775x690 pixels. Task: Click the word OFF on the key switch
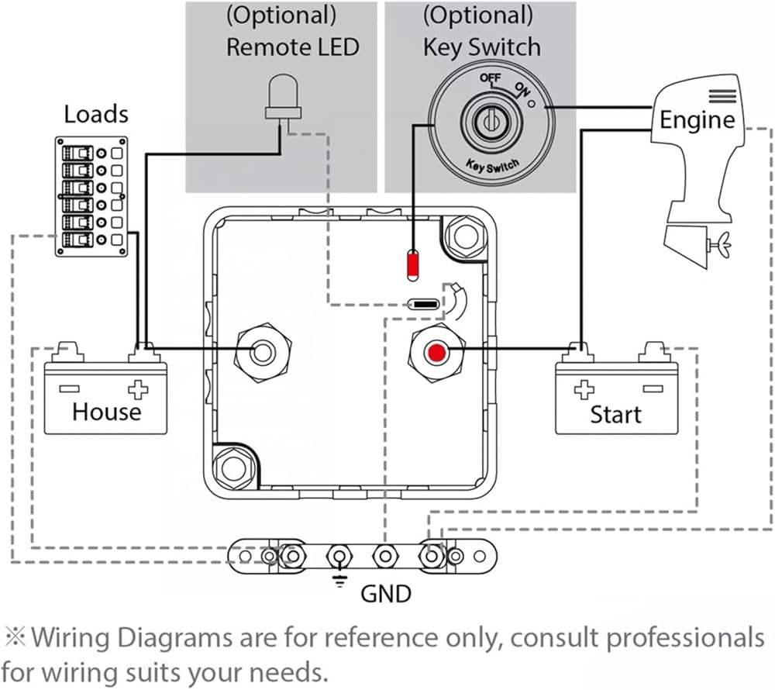491,78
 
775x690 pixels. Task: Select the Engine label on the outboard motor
697,119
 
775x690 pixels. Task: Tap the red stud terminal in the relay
436,353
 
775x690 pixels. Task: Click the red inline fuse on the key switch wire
412,266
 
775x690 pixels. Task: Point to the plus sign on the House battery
138,389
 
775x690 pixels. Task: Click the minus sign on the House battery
70,389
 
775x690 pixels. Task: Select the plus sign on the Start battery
584,389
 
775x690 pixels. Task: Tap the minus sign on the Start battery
653,389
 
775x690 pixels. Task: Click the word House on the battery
107,412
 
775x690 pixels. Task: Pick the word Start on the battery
616,414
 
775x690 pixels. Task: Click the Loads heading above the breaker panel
96,114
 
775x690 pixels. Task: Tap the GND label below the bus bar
386,594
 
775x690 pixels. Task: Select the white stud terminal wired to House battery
263,353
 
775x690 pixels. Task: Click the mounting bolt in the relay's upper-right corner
464,236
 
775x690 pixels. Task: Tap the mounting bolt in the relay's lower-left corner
232,467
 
